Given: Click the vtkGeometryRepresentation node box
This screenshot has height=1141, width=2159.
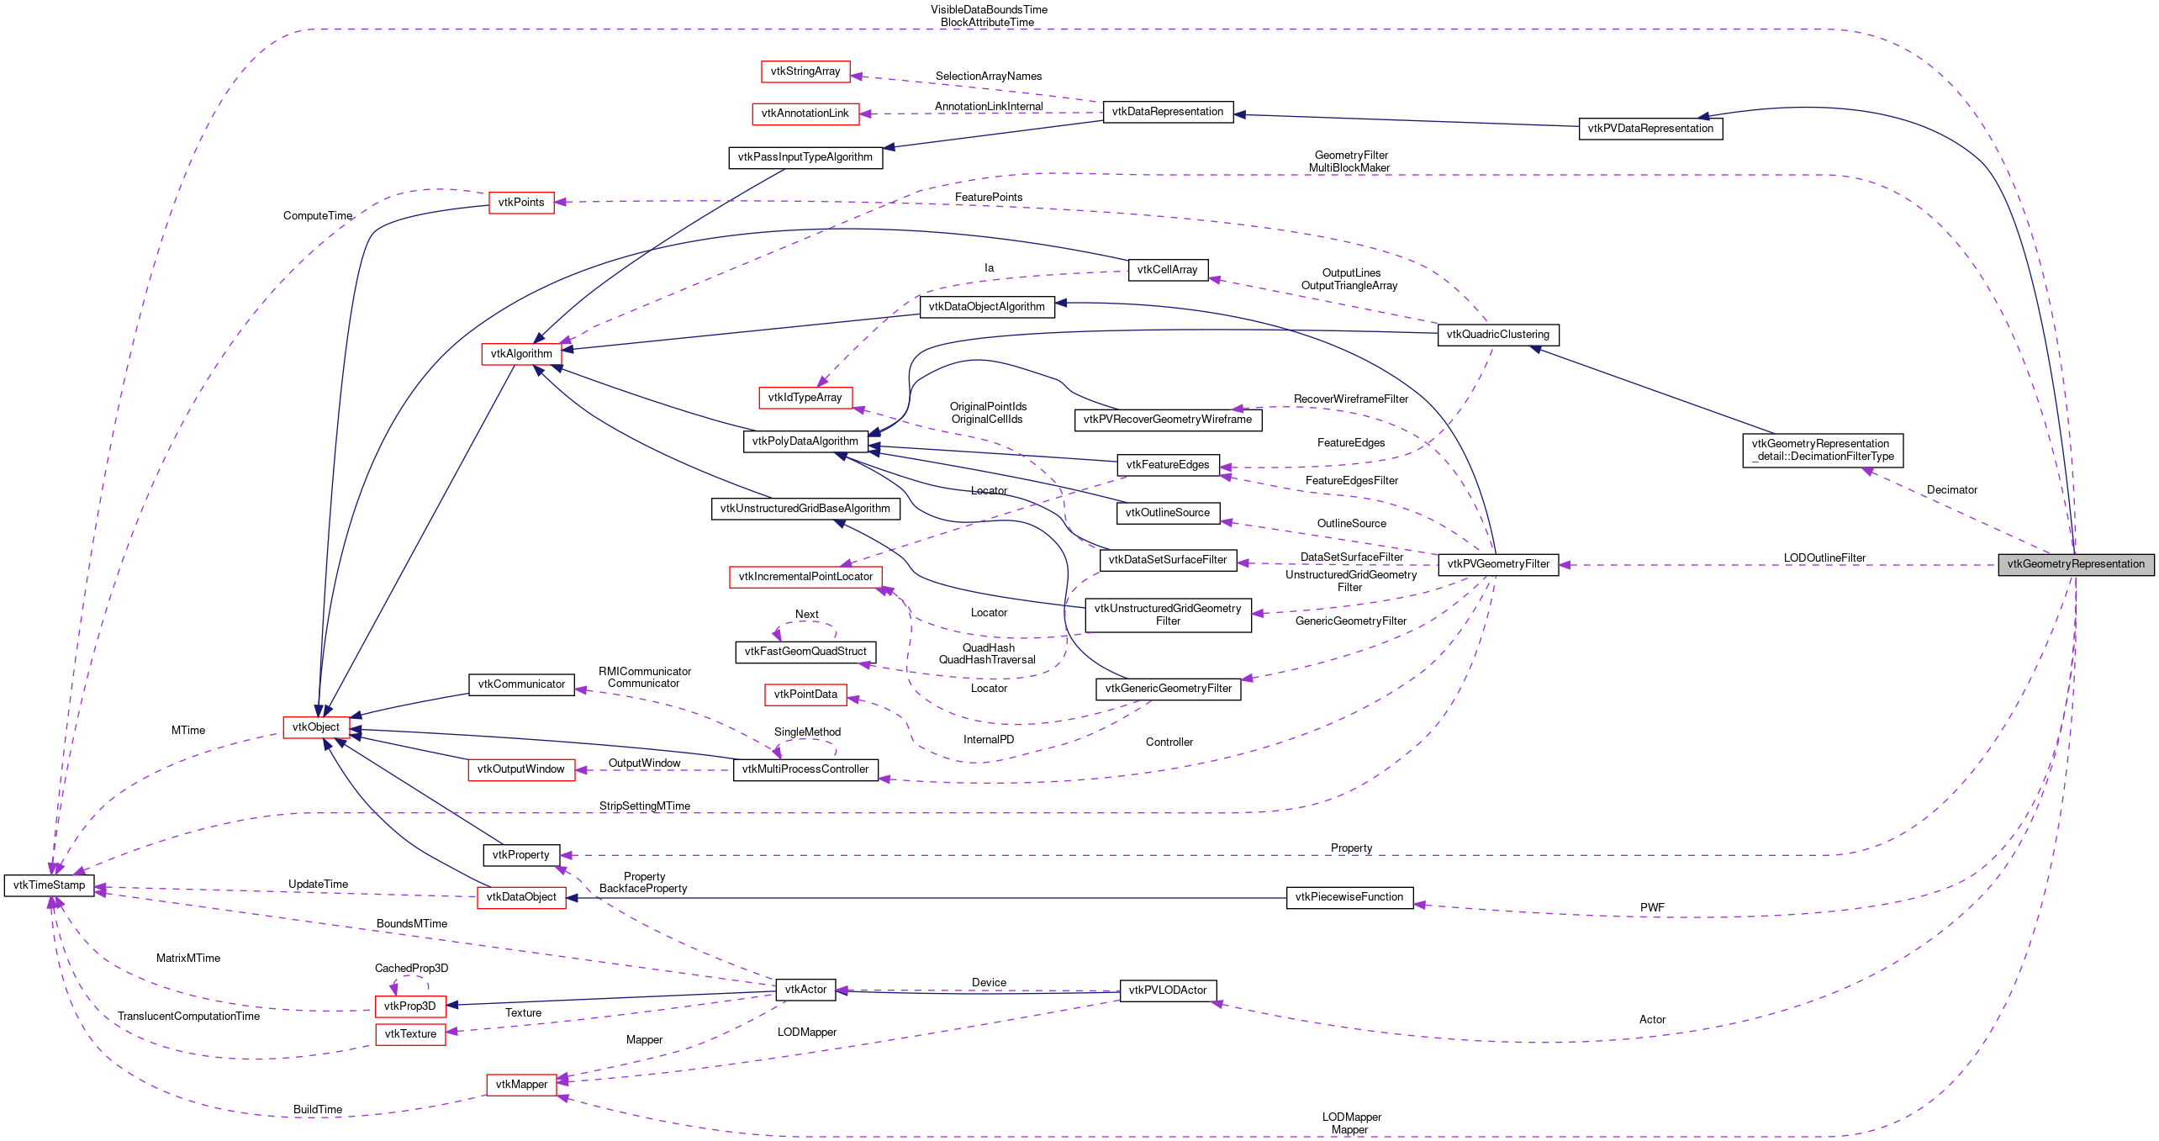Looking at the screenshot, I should [x=2075, y=564].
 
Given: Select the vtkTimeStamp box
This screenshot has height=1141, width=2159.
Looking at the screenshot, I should [x=49, y=885].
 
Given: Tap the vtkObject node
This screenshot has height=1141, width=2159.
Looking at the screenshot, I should [x=316, y=727].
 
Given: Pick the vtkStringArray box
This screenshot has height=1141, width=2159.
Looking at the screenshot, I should [x=805, y=71].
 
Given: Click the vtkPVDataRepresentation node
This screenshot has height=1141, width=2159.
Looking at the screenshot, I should [x=1650, y=129].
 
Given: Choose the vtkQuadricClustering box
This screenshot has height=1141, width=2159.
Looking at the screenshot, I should [x=1497, y=335].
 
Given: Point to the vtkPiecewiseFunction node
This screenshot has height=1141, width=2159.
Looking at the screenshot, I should [x=1349, y=897].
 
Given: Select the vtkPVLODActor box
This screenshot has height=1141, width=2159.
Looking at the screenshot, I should [x=1167, y=990].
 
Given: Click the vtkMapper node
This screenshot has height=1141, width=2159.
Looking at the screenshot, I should [x=521, y=1085].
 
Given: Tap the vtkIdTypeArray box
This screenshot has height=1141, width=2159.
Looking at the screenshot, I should [x=805, y=398].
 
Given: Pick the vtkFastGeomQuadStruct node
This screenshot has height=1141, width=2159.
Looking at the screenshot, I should [x=805, y=652].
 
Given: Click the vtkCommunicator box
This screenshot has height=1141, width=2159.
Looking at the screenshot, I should [x=521, y=684].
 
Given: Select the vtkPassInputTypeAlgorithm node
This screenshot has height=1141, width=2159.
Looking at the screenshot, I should [x=805, y=157].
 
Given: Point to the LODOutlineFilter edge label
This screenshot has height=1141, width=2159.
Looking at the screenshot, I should [x=1824, y=558].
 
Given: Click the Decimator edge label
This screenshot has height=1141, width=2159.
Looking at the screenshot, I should [x=1951, y=490].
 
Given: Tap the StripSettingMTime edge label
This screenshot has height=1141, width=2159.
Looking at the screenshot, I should [x=644, y=806].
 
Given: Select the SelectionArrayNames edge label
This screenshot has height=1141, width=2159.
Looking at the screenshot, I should [x=988, y=77].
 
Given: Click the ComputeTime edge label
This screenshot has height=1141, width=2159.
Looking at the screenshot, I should [x=317, y=216].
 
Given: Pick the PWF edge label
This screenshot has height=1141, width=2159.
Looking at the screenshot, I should [x=1651, y=908].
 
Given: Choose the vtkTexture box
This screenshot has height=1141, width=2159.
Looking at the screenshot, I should [x=410, y=1034].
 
